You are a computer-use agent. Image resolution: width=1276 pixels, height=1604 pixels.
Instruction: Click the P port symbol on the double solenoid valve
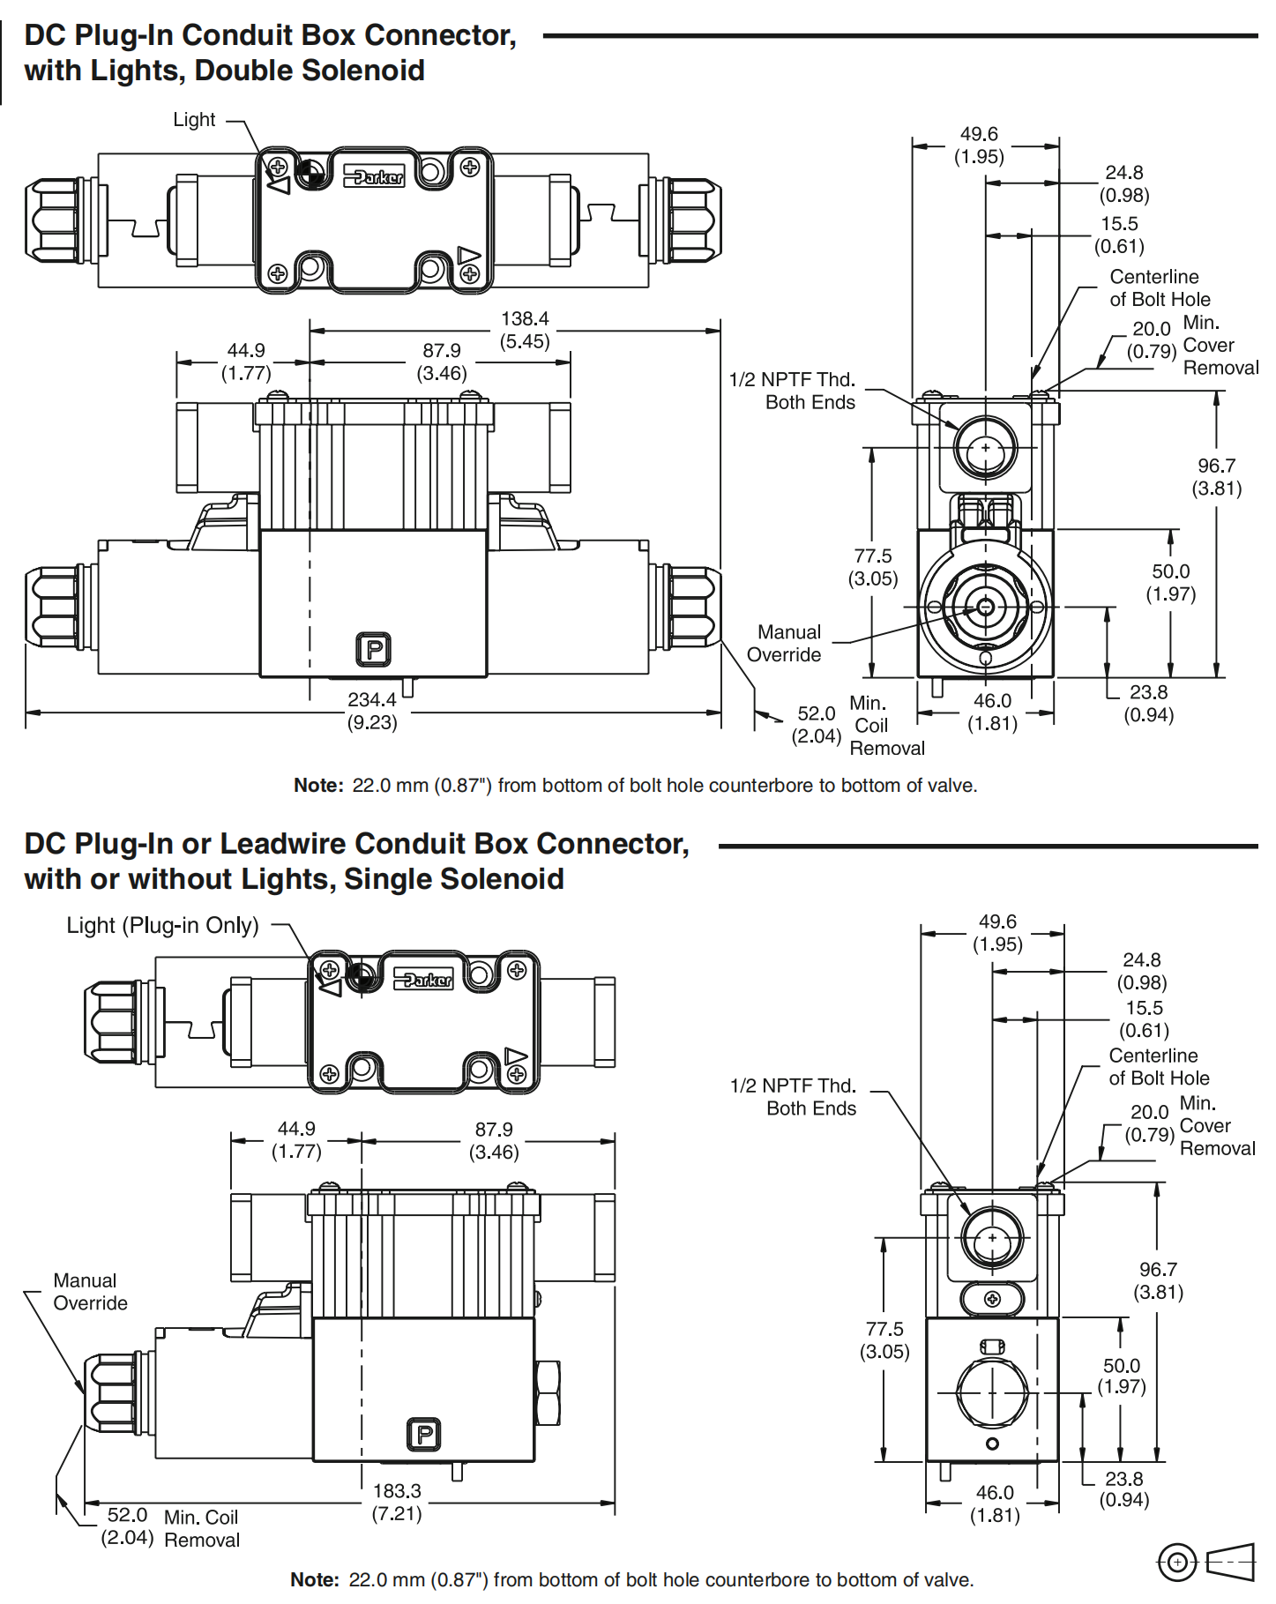373,650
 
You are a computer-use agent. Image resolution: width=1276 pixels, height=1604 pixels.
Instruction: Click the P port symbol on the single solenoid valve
423,1435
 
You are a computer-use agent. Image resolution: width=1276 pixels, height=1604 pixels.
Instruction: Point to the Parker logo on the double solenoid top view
374,176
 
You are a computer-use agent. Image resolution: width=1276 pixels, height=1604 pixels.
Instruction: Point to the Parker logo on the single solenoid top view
424,979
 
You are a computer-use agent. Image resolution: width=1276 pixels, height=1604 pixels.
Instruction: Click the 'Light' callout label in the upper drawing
194,120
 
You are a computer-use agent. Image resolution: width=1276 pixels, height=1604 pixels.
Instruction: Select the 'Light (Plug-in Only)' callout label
163,926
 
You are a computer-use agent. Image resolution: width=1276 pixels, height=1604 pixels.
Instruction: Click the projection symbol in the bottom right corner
1205,1563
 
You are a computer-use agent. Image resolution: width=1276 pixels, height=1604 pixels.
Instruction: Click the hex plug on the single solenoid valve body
548,1392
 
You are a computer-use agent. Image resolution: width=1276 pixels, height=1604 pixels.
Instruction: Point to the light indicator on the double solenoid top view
308,175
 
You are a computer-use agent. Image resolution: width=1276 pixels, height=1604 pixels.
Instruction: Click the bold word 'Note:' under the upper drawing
318,786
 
